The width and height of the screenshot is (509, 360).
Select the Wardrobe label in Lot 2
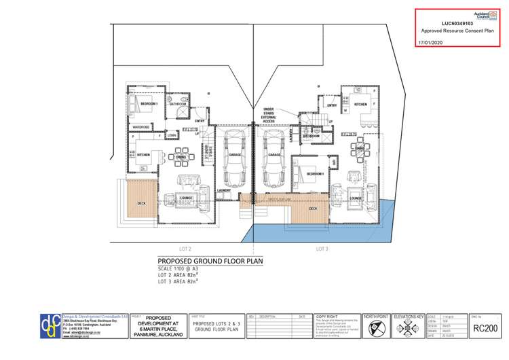click(x=140, y=126)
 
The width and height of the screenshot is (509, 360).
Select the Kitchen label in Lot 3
click(x=360, y=104)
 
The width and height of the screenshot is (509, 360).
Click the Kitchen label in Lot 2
click(x=143, y=156)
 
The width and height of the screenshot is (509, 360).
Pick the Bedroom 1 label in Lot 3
click(x=314, y=174)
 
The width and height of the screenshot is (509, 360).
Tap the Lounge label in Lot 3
click(x=354, y=198)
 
